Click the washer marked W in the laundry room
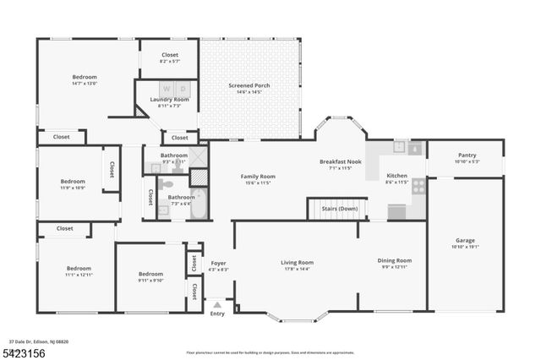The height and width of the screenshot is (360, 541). (167, 89)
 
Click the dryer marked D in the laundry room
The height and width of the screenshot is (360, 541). (183, 89)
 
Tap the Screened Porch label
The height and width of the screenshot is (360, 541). (249, 85)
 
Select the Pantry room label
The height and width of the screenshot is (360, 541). (467, 155)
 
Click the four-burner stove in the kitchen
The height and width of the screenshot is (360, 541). (418, 186)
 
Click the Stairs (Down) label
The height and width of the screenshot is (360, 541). (336, 207)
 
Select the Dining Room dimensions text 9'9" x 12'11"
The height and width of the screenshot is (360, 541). (394, 267)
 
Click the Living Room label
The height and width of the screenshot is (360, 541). (297, 262)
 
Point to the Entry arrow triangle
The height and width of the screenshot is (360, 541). (218, 305)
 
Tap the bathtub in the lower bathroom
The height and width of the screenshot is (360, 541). (198, 205)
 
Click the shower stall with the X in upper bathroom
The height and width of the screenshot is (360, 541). (198, 157)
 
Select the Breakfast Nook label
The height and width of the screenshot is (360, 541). (340, 161)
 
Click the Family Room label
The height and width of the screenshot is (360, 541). (257, 176)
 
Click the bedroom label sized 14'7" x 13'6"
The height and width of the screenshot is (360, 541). (84, 77)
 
